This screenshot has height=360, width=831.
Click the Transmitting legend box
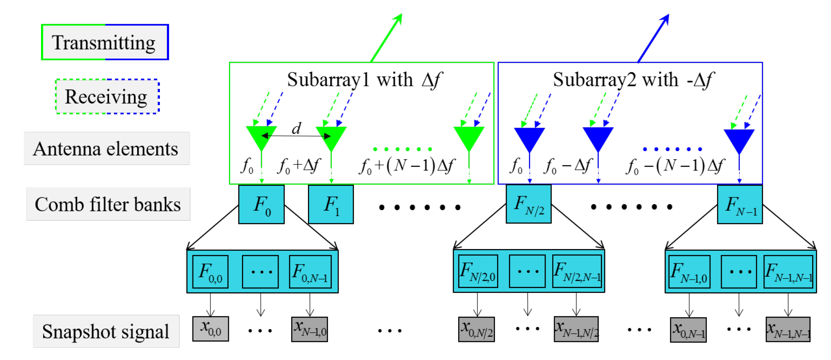coord(105,42)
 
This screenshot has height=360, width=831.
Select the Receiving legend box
coord(108,96)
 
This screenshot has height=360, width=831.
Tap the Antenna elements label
coord(107,149)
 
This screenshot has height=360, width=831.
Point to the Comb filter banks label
coord(108,204)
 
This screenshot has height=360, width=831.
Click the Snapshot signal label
coord(106,332)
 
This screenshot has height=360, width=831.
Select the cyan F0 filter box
coord(262,204)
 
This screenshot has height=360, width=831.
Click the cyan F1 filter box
coord(331,204)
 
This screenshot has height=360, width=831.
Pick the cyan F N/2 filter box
coord(529,204)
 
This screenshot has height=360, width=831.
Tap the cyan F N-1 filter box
coord(740,204)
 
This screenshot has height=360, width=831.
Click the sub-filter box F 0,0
coord(210,272)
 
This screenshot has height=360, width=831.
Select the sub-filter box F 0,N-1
coord(310,272)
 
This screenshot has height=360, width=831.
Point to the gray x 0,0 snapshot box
coord(210,329)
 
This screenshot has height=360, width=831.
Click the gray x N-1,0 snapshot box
coord(310,329)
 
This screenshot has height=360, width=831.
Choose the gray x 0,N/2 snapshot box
coord(477,329)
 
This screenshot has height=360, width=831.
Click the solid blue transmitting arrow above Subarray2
coord(654,38)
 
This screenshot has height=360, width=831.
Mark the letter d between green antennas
coord(296,128)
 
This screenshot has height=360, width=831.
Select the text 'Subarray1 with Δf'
coord(364,80)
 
